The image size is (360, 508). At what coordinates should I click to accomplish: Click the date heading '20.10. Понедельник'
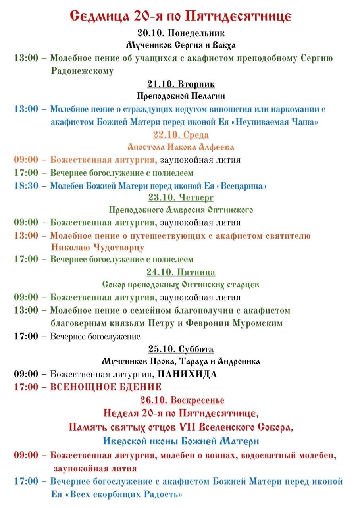[x=181, y=33]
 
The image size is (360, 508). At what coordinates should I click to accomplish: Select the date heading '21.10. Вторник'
[x=181, y=84]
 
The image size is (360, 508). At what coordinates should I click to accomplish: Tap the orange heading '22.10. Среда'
[x=181, y=135]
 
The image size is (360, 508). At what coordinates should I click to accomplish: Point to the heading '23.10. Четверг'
[x=181, y=197]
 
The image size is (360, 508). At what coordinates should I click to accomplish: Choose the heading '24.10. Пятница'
[x=181, y=273]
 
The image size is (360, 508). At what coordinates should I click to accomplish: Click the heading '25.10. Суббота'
[x=181, y=349]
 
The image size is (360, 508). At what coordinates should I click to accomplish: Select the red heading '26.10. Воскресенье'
[x=182, y=400]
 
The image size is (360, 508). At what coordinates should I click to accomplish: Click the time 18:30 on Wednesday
[x=26, y=186]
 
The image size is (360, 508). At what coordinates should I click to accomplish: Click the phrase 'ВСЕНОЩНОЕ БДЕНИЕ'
[x=106, y=387]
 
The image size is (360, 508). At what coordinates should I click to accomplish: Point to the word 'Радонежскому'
[x=82, y=71]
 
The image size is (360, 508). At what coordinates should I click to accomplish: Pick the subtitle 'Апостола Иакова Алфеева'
[x=181, y=147]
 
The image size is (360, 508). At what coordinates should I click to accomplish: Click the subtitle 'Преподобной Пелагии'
[x=181, y=96]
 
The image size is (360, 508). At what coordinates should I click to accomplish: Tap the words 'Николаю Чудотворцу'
[x=98, y=248]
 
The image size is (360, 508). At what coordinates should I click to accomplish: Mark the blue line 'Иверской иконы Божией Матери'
[x=181, y=441]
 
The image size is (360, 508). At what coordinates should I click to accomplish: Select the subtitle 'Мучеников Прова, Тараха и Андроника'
[x=181, y=362]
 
